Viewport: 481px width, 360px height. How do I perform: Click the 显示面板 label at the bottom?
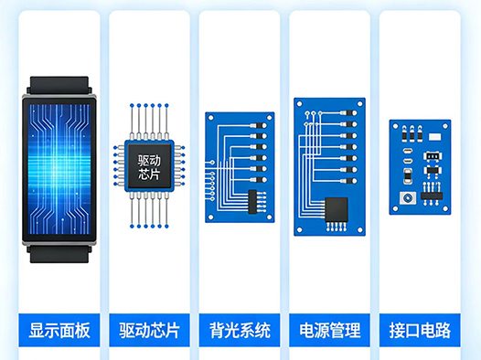click(x=59, y=330)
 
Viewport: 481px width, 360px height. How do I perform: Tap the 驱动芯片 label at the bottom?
click(x=149, y=330)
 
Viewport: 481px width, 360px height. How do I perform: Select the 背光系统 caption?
click(x=240, y=330)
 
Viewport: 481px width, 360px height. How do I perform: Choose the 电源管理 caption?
click(x=330, y=330)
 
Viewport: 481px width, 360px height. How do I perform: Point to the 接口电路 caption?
click(x=420, y=330)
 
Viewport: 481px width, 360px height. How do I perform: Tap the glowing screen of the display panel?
click(x=59, y=170)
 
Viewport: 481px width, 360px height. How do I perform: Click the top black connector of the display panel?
click(x=59, y=86)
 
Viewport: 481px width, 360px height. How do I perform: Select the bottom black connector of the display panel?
click(x=59, y=254)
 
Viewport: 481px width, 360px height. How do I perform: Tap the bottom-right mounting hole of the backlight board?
click(x=269, y=217)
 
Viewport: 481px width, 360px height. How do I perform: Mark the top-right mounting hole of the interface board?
click(x=444, y=125)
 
